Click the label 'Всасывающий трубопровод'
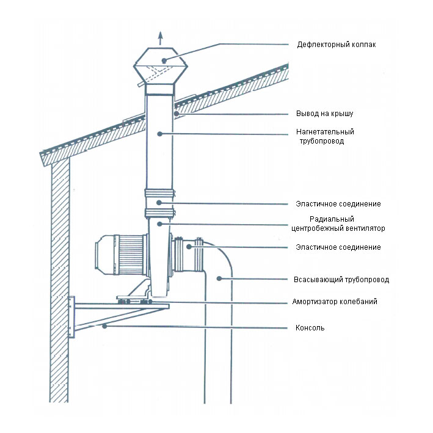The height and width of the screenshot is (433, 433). tap(341, 280)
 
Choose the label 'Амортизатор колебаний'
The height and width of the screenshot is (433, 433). tap(334, 302)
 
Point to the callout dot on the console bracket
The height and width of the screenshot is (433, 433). tap(104, 327)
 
